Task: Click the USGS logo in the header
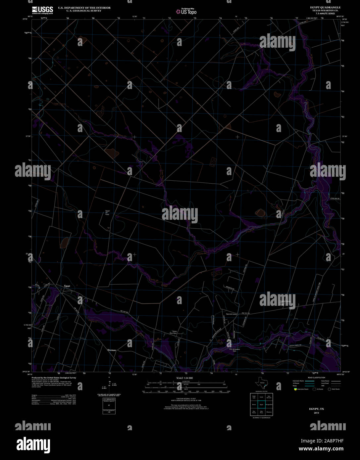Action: [x=42, y=10]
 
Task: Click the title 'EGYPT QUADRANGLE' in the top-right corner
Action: [x=325, y=7]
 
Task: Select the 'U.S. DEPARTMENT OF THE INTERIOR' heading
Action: [x=84, y=8]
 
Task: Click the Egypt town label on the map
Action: [x=67, y=286]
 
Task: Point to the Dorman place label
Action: [x=112, y=350]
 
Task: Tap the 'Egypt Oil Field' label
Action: [x=107, y=213]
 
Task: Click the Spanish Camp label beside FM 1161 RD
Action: [x=231, y=314]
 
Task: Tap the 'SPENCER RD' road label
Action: [x=233, y=289]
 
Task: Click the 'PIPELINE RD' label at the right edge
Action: [x=335, y=198]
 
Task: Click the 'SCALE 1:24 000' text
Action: [x=184, y=378]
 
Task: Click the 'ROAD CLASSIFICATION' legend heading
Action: [x=316, y=378]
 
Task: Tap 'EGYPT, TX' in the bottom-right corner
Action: [x=317, y=409]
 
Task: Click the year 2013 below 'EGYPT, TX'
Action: [x=317, y=413]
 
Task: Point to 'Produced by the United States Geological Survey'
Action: [x=54, y=378]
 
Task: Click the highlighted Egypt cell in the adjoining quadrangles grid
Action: [x=261, y=404]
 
